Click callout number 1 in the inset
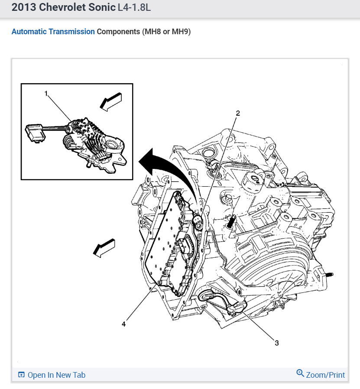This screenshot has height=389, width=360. [x=45, y=93]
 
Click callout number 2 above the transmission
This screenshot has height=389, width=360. [x=237, y=113]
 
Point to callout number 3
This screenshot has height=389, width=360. [x=276, y=343]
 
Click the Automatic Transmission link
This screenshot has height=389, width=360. [x=53, y=32]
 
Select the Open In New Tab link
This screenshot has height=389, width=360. [x=56, y=375]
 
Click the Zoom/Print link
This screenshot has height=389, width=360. [x=325, y=375]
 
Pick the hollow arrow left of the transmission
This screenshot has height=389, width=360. [x=104, y=248]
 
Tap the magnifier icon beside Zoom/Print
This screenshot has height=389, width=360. [x=300, y=373]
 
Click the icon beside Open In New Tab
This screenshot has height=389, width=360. [x=21, y=375]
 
